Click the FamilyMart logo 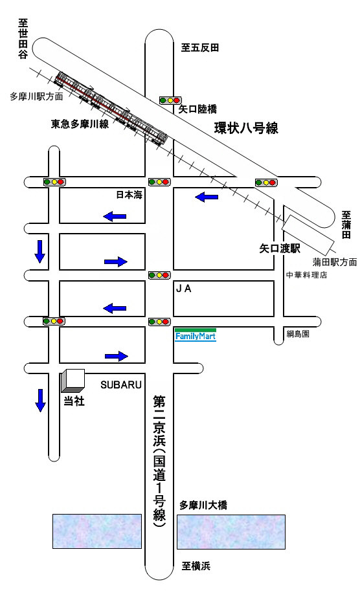pos(196,335)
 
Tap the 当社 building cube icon pos(73,381)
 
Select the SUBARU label pos(121,384)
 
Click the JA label pos(183,289)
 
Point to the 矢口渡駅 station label pos(280,249)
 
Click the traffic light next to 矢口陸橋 pos(170,100)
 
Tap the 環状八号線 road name pos(246,128)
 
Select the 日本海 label pos(129,195)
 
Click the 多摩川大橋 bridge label pos(203,505)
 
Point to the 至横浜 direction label pos(196,566)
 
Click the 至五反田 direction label pos(200,47)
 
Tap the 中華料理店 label pos(307,274)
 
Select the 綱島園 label pos(298,334)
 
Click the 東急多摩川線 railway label pos(80,124)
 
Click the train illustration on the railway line pos(111,107)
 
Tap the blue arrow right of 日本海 pos(207,197)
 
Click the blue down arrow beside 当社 pos(40,400)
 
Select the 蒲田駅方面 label pos(335,262)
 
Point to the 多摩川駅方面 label pos(36,96)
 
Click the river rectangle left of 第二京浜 pos(97,531)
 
